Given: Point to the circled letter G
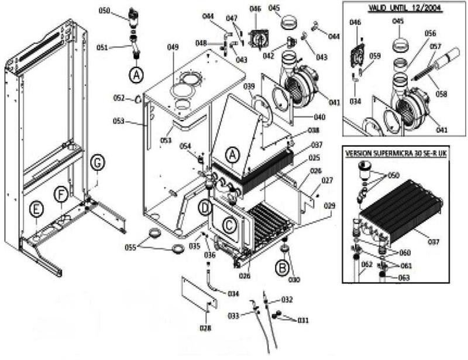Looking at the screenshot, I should [x=97, y=163].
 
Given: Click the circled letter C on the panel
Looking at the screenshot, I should [x=230, y=222].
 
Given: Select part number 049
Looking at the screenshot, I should [x=172, y=47].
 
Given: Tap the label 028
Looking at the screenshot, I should [x=205, y=328].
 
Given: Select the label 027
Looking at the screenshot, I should [x=326, y=181].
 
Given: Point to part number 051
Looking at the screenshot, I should [x=119, y=48].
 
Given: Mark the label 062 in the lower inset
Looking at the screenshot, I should [x=367, y=264].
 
